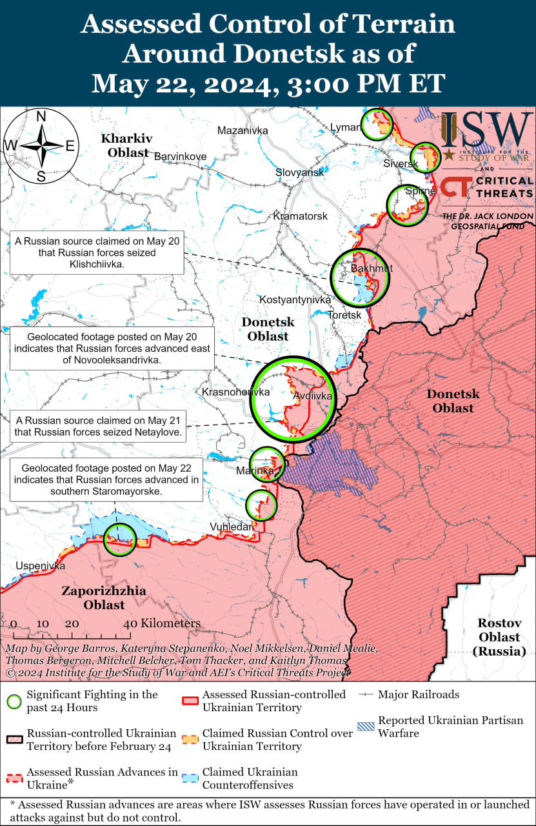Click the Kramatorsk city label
click(x=300, y=216)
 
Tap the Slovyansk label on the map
click(x=299, y=173)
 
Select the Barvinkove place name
click(x=180, y=156)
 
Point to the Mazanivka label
click(x=243, y=131)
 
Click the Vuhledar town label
click(x=231, y=527)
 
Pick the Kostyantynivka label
click(x=295, y=300)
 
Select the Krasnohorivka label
click(x=235, y=392)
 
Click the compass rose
click(x=40, y=146)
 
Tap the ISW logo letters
click(x=486, y=131)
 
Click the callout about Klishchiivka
click(x=97, y=252)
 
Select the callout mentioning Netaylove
click(x=97, y=427)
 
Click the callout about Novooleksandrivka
click(x=113, y=348)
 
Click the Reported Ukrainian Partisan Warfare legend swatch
click(x=366, y=727)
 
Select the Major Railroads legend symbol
click(x=366, y=695)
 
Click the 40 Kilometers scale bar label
click(x=162, y=623)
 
